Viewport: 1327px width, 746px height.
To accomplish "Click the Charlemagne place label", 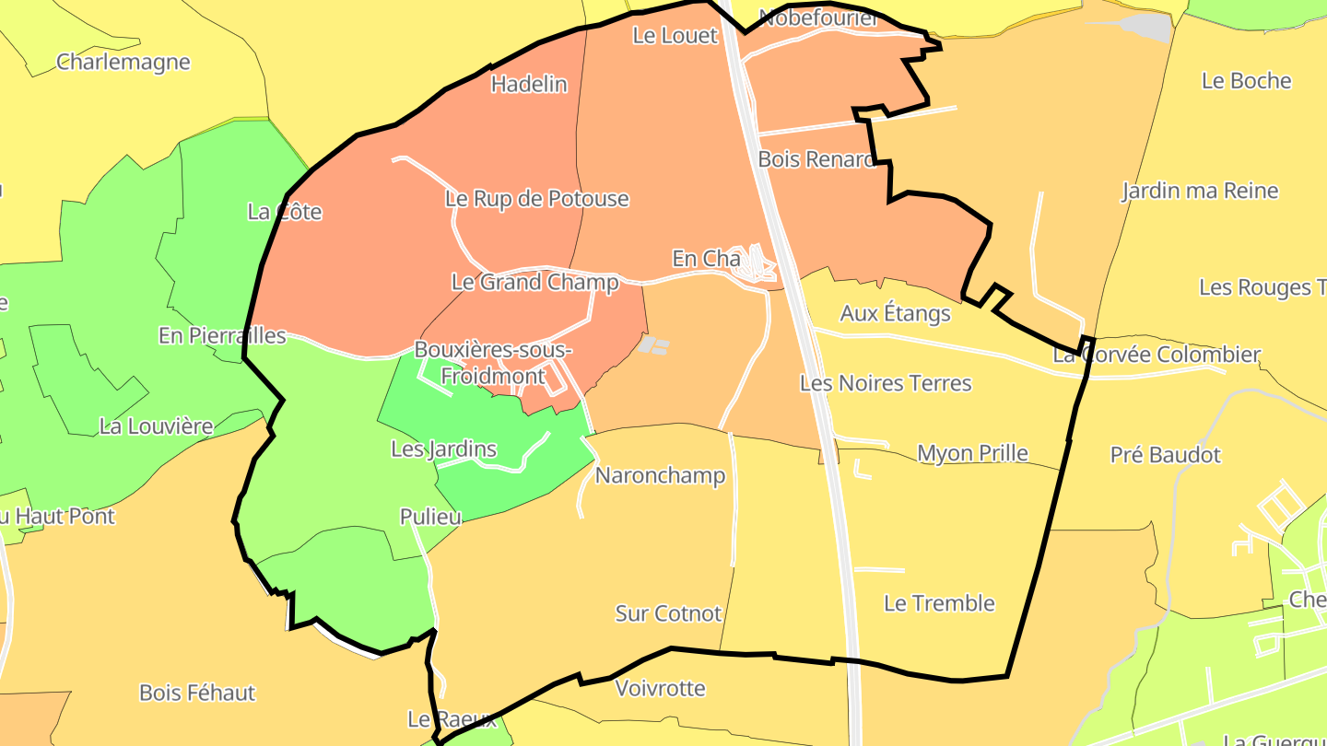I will coord(123,63).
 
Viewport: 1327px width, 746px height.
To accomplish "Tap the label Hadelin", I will coord(529,85).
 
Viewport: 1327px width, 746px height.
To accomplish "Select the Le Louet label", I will coord(675,36).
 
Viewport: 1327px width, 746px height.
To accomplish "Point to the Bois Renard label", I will coord(816,159).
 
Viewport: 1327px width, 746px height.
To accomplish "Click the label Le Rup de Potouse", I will coord(536,199).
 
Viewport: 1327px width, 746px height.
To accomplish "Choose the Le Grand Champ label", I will coord(534,282).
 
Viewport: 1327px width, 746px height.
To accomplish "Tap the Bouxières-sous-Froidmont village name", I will coord(493,363).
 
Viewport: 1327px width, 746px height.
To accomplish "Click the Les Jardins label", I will coord(444,449).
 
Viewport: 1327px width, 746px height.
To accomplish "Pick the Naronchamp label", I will coord(660,476).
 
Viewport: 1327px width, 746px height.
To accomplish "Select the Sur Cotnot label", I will coord(668,613).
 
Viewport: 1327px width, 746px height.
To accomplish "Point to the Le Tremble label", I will coord(939,604).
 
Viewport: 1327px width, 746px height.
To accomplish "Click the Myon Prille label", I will coord(972,454).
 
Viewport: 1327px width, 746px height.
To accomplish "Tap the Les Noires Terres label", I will coord(886,383).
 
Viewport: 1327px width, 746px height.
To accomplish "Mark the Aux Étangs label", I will coord(895,314).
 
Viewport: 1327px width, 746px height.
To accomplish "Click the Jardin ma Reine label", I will coord(1200,192).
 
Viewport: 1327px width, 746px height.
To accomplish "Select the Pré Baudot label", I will coord(1165,455).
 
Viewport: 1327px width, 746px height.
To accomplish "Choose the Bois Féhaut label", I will coord(197,693).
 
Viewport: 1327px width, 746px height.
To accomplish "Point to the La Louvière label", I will coord(156,427).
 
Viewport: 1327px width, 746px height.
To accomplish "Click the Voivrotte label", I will coord(660,689).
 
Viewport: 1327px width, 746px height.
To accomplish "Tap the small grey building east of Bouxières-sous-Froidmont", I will coord(653,345).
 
